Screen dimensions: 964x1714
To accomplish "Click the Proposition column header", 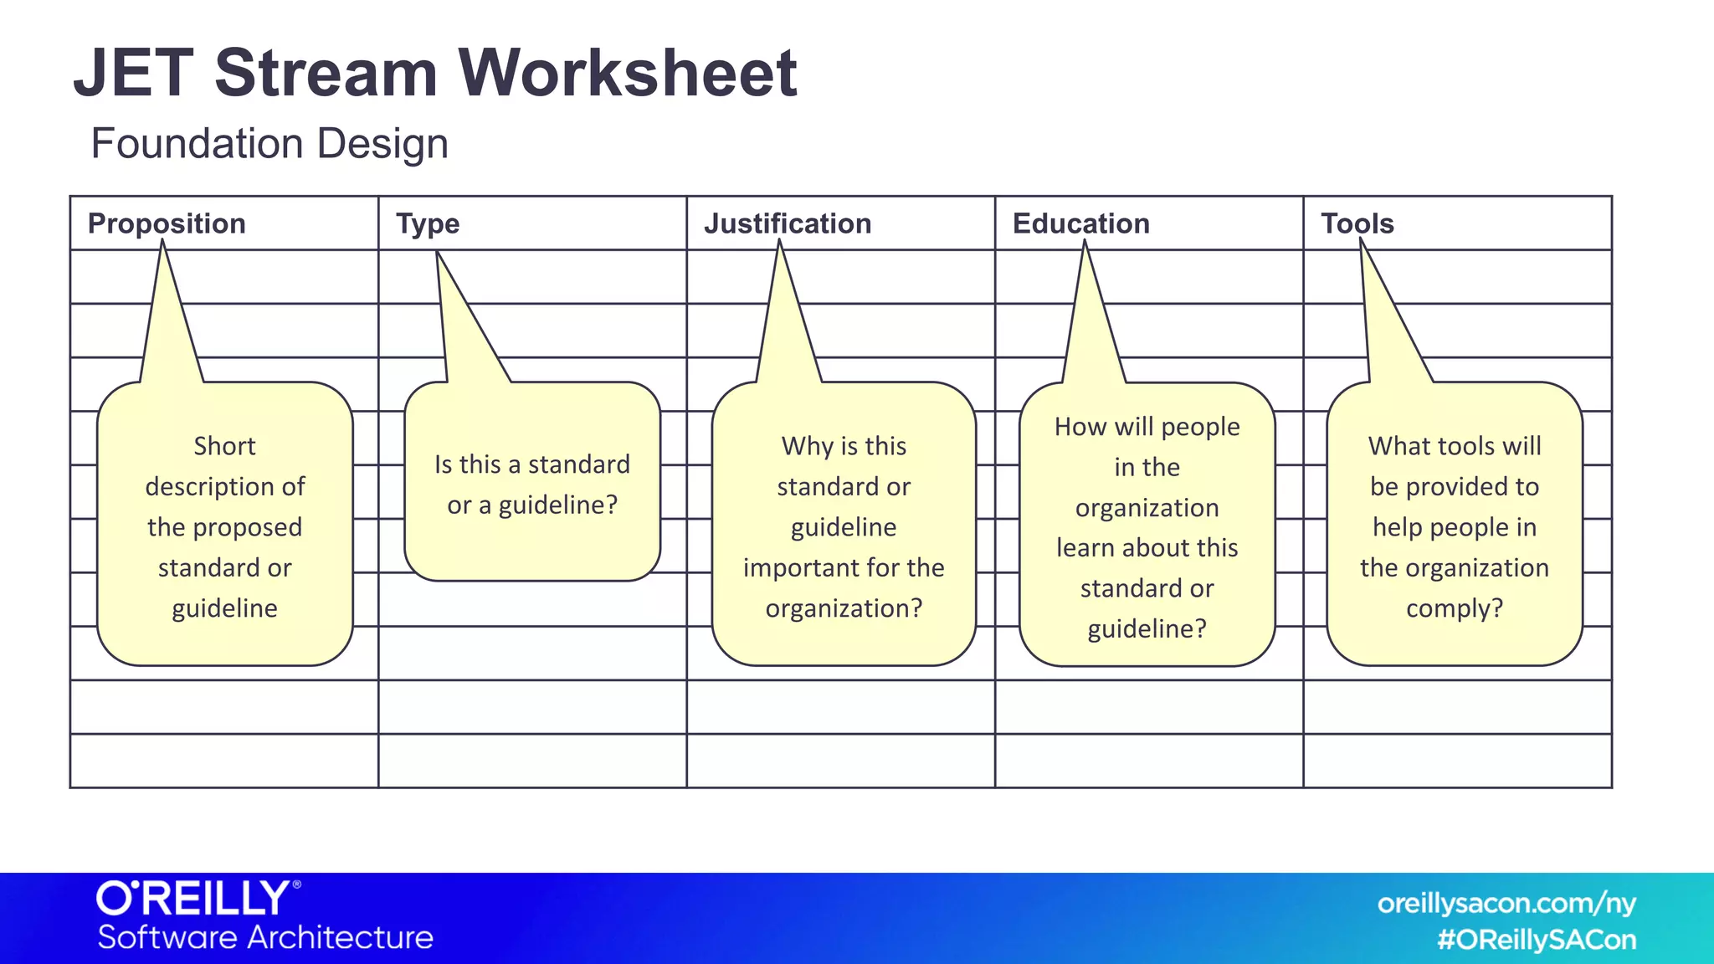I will coord(167,223).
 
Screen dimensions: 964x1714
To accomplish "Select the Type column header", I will coord(428,223).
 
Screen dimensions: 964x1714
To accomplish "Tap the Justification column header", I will coord(788,223).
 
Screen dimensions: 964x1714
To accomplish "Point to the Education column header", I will coord(1080,223).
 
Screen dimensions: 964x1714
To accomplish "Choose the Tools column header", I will coord(1357,223).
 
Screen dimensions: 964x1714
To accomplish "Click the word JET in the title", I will coord(134,74).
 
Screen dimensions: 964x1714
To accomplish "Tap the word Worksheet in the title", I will coord(627,74).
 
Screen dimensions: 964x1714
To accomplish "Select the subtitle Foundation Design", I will coord(269,143).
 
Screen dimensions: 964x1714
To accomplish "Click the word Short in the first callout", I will coord(224,446).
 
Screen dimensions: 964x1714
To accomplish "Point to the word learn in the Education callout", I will coord(1085,548).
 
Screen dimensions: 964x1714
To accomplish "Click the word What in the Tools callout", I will coord(1399,446).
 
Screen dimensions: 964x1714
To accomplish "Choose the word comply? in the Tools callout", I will coord(1455,608).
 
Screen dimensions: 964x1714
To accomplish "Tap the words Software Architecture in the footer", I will coord(265,937).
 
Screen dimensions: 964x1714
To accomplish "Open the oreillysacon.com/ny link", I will coord(1506,904).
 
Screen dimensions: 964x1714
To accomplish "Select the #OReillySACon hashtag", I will coord(1537,940).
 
